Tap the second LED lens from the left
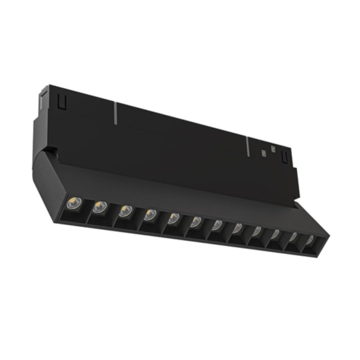pos(99,207)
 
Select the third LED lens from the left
pos(125,211)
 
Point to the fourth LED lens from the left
pos(149,214)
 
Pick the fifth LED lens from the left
pos(173,218)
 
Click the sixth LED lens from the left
pos(196,222)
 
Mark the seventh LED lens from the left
pos(217,226)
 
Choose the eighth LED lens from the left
pos(238,229)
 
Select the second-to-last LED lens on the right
pos(293,238)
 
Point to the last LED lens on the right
pos(310,241)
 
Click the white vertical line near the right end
pos(247,146)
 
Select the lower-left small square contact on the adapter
pos(264,154)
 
